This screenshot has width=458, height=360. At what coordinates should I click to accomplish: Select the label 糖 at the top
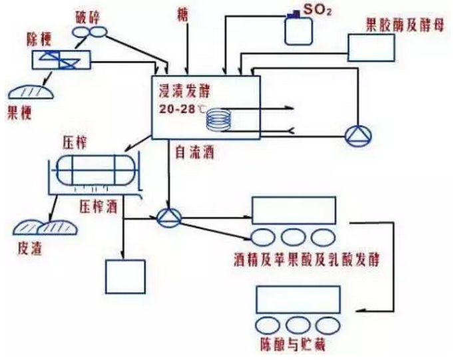(x=187, y=13)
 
